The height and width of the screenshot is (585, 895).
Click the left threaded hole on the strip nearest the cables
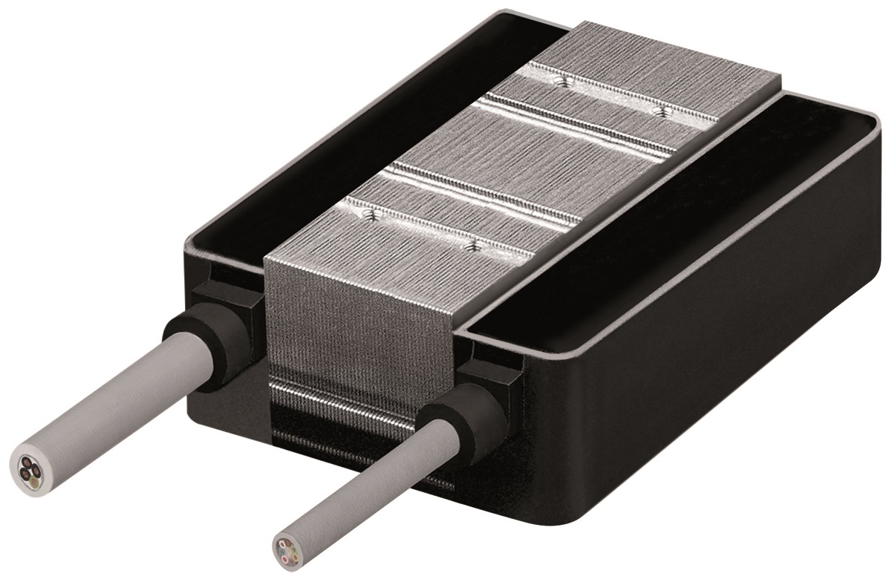coord(368,214)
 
